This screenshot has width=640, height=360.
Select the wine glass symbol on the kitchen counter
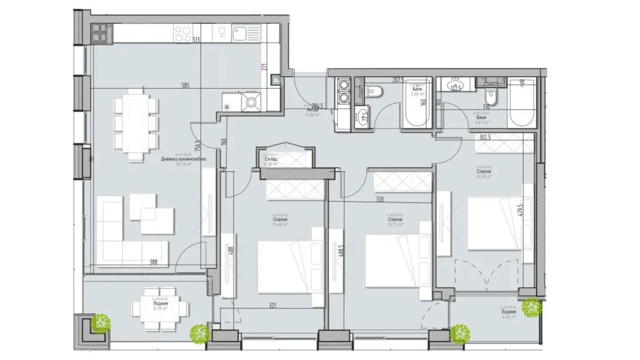[220, 32]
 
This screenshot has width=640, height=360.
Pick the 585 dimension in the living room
[185, 86]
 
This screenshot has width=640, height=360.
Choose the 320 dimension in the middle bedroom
[380, 200]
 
